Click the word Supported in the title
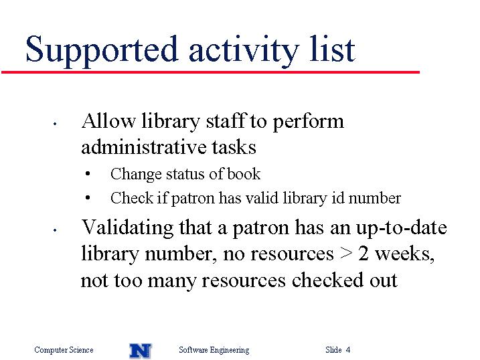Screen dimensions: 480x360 102,50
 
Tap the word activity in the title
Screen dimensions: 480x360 244,50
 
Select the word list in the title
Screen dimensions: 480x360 332,48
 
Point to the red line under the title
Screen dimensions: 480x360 210,72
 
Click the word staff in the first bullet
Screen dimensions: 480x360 226,120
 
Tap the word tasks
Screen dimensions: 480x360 234,147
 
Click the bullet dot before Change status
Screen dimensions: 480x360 88,174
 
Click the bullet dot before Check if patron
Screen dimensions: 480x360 88,198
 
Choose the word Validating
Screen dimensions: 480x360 128,229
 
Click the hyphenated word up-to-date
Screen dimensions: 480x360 401,229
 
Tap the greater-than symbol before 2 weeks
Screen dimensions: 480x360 346,254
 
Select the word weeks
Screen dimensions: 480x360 405,254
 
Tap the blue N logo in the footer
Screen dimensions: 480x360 141,351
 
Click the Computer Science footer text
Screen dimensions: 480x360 64,350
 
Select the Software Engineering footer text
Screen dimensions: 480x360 214,350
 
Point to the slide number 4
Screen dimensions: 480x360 348,349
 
